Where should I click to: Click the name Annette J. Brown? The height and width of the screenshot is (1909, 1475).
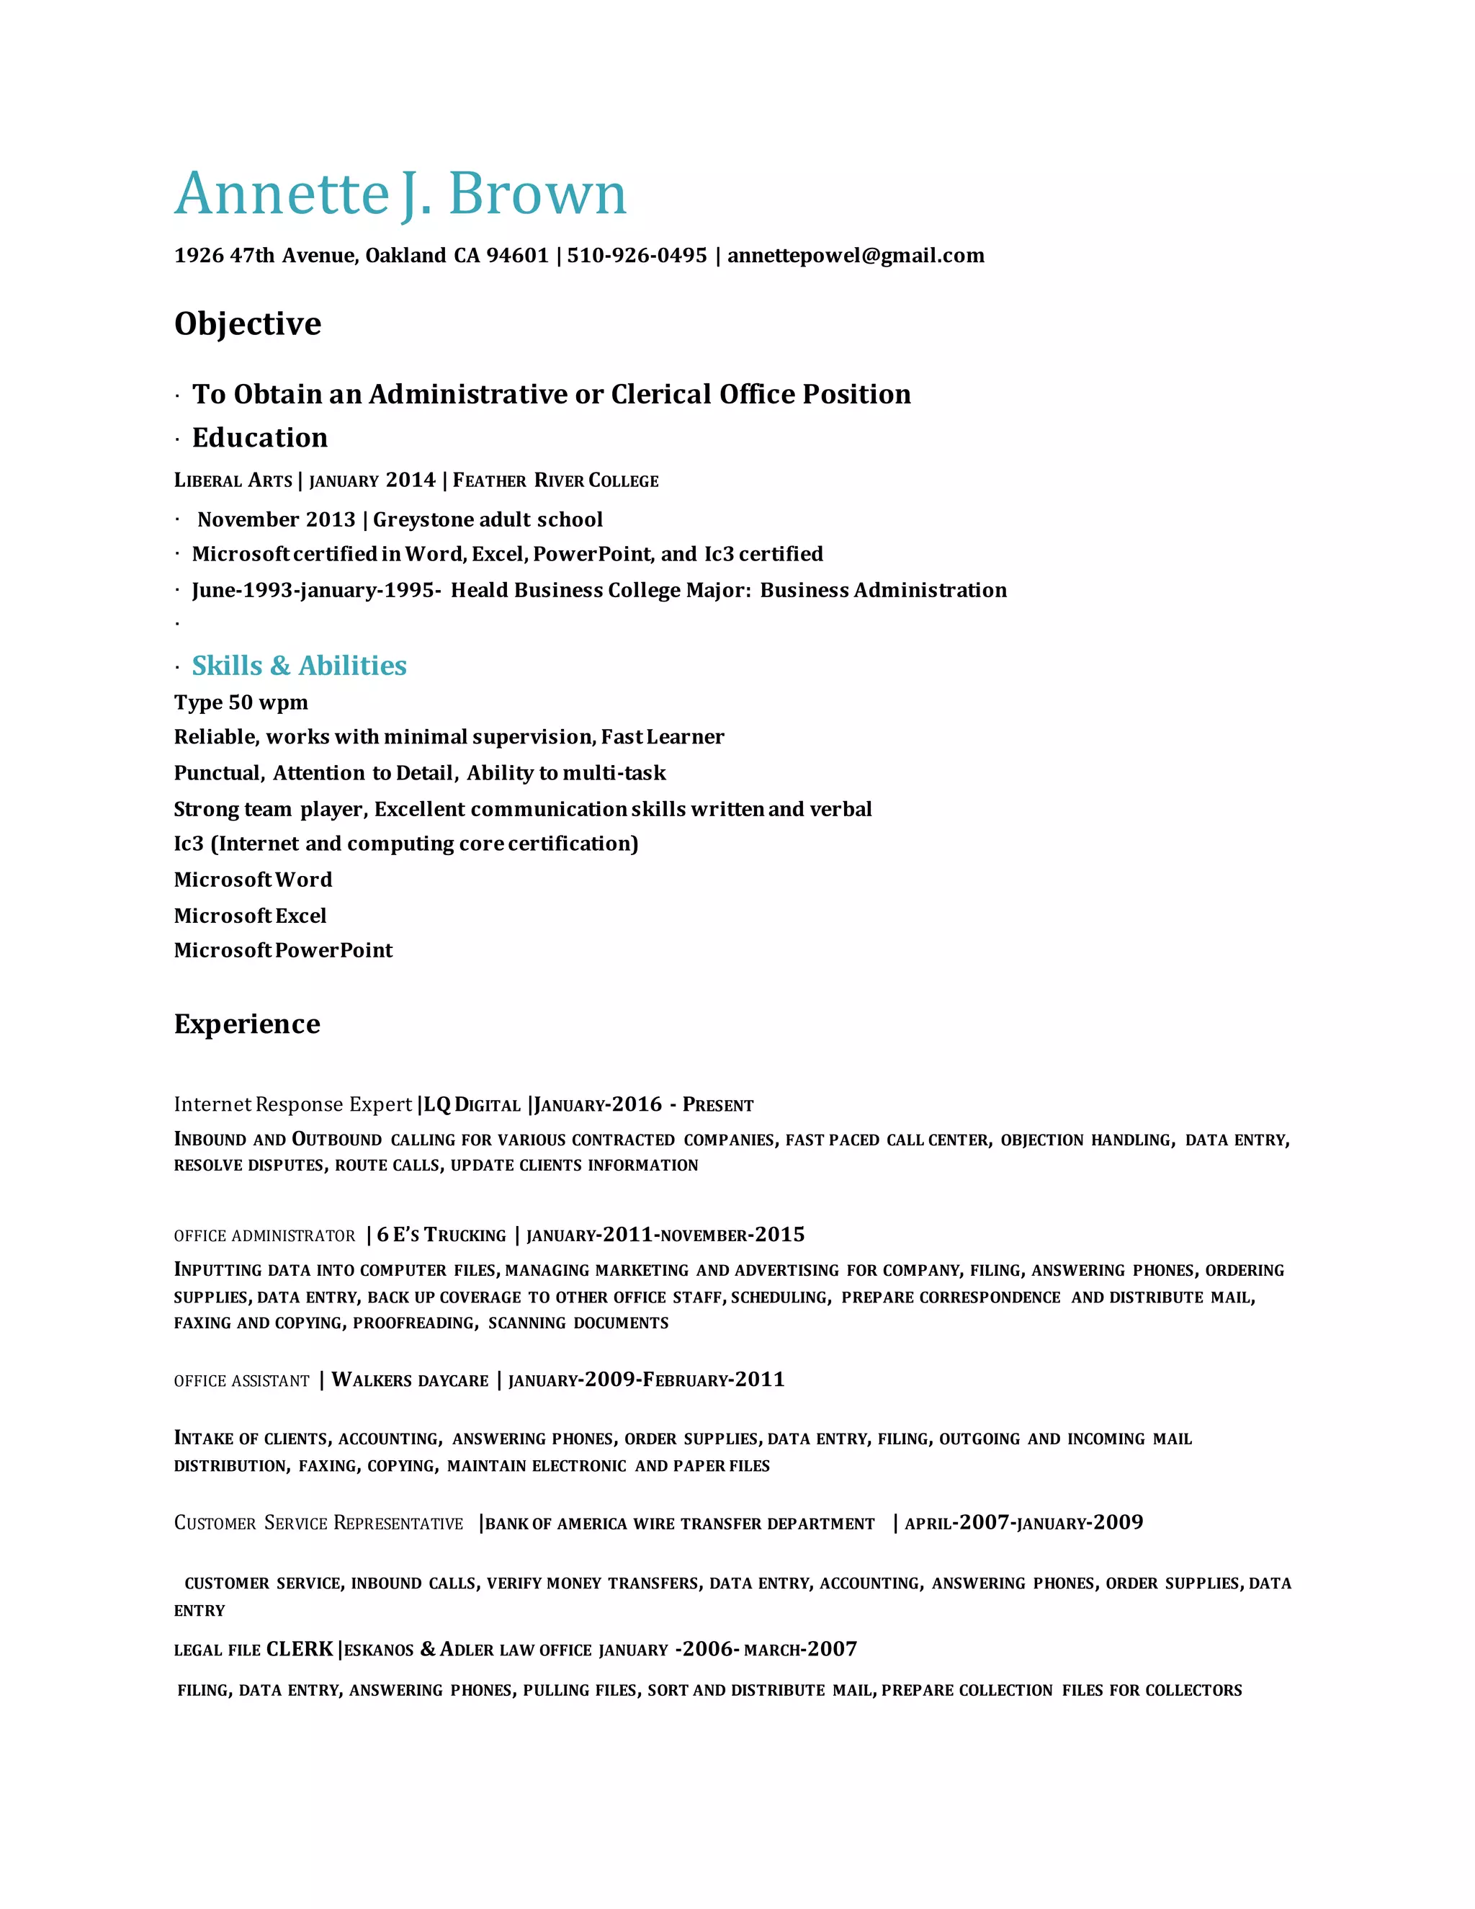click(400, 193)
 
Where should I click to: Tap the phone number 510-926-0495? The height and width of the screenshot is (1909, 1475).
click(636, 255)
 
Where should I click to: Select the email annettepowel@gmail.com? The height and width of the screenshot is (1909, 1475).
click(856, 255)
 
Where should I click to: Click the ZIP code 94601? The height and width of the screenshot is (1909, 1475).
click(516, 255)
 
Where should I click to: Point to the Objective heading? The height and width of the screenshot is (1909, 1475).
click(247, 324)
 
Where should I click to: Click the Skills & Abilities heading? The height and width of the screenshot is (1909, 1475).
click(299, 666)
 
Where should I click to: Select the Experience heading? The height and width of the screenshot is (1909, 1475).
click(246, 1024)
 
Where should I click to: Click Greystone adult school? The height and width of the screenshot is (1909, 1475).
click(488, 519)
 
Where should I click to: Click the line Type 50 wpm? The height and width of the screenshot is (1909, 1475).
click(241, 703)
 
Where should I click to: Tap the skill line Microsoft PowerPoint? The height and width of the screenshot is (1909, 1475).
click(283, 950)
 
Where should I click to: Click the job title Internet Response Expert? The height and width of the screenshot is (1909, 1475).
click(292, 1105)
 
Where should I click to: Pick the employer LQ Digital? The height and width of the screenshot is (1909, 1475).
click(472, 1105)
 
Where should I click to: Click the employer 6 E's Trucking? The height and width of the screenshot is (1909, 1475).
click(441, 1235)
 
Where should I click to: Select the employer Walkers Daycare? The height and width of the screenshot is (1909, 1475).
click(410, 1380)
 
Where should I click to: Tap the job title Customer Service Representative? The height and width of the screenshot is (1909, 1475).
click(318, 1524)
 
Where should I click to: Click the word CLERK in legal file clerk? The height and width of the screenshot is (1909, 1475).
click(300, 1650)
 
